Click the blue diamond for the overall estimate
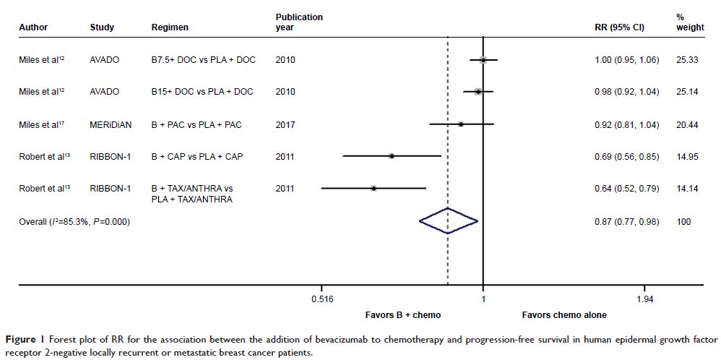(x=448, y=222)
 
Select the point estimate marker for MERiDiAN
(x=460, y=124)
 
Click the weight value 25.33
(x=686, y=60)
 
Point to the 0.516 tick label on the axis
(x=321, y=299)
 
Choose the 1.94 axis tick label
(x=644, y=299)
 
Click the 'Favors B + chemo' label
(x=403, y=315)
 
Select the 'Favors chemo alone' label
(x=564, y=315)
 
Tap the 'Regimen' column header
(x=170, y=27)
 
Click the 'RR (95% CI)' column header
(x=619, y=27)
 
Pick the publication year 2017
(x=285, y=124)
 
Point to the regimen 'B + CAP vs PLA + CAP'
(x=197, y=156)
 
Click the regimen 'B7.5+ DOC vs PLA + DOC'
(x=203, y=60)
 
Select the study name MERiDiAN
(x=111, y=124)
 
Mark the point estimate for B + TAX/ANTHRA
(x=374, y=188)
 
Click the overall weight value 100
(x=683, y=222)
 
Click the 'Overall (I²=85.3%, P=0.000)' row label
(x=74, y=222)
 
